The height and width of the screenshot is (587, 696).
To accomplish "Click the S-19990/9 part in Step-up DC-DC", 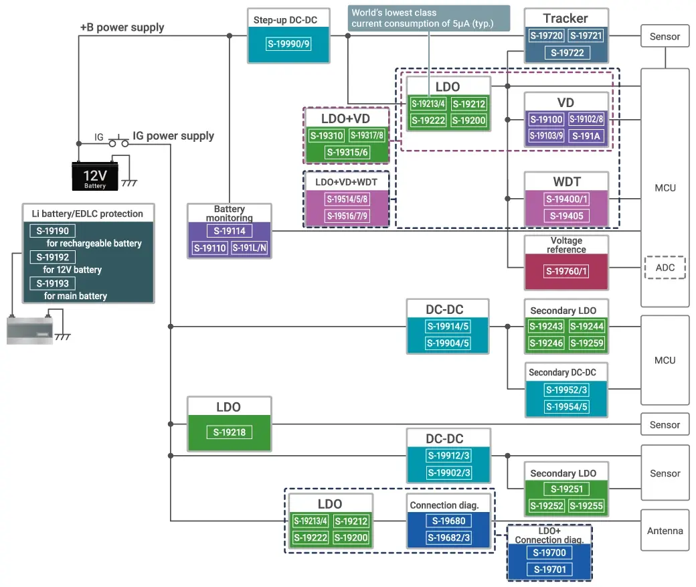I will pyautogui.click(x=288, y=45).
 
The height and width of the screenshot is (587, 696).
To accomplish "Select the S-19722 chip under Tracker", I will pyautogui.click(x=566, y=53).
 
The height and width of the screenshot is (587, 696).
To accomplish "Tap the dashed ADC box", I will pyautogui.click(x=665, y=268).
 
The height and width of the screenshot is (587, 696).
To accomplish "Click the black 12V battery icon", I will pyautogui.click(x=95, y=177).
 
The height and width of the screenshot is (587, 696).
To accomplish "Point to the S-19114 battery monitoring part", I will pyautogui.click(x=230, y=232).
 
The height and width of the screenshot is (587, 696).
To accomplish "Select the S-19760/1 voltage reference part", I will pyautogui.click(x=566, y=271).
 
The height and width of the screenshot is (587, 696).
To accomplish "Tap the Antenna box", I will pyautogui.click(x=665, y=531).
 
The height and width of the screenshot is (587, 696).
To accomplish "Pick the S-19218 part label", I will pyautogui.click(x=230, y=432).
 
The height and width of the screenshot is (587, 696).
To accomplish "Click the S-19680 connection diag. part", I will pyautogui.click(x=448, y=521).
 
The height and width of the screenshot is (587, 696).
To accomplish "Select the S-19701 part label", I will pyautogui.click(x=549, y=570).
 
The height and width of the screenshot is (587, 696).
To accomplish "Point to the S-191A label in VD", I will pyautogui.click(x=587, y=136).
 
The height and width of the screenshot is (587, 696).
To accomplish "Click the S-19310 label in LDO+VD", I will pyautogui.click(x=327, y=136).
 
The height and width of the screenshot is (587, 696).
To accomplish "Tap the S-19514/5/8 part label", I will pyautogui.click(x=347, y=199).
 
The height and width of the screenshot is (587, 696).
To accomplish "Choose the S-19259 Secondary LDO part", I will pyautogui.click(x=587, y=343).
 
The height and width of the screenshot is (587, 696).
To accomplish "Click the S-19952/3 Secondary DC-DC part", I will pyautogui.click(x=566, y=390).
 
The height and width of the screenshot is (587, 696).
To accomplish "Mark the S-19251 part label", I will pyautogui.click(x=566, y=489).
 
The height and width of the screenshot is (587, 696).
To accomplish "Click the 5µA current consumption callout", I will pyautogui.click(x=430, y=19).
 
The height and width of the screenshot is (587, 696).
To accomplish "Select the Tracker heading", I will pyautogui.click(x=565, y=18).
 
